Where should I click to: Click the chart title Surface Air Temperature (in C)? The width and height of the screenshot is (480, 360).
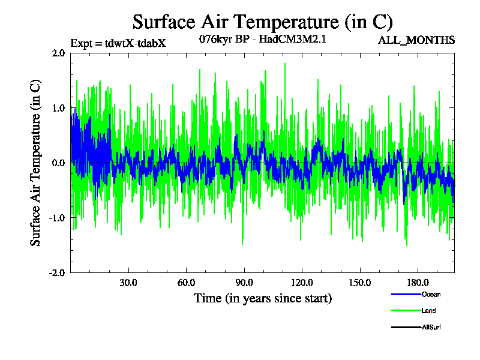(x=262, y=22)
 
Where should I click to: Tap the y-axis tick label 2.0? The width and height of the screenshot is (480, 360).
(x=58, y=53)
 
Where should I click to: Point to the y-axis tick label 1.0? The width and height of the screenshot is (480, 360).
(x=58, y=108)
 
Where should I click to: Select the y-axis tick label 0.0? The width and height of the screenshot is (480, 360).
(x=58, y=163)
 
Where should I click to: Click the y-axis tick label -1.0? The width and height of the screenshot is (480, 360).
(x=56, y=217)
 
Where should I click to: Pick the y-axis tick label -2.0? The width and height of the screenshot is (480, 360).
(x=56, y=272)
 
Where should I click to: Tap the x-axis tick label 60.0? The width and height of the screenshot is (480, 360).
(x=186, y=283)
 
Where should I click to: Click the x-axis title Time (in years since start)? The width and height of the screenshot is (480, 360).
(x=262, y=298)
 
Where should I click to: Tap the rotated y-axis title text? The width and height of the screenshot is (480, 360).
(x=36, y=163)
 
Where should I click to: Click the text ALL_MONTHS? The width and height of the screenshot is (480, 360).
(x=416, y=41)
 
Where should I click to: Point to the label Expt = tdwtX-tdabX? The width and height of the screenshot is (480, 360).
(x=118, y=43)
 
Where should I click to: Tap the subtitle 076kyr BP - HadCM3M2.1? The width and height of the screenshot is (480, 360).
(x=262, y=40)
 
